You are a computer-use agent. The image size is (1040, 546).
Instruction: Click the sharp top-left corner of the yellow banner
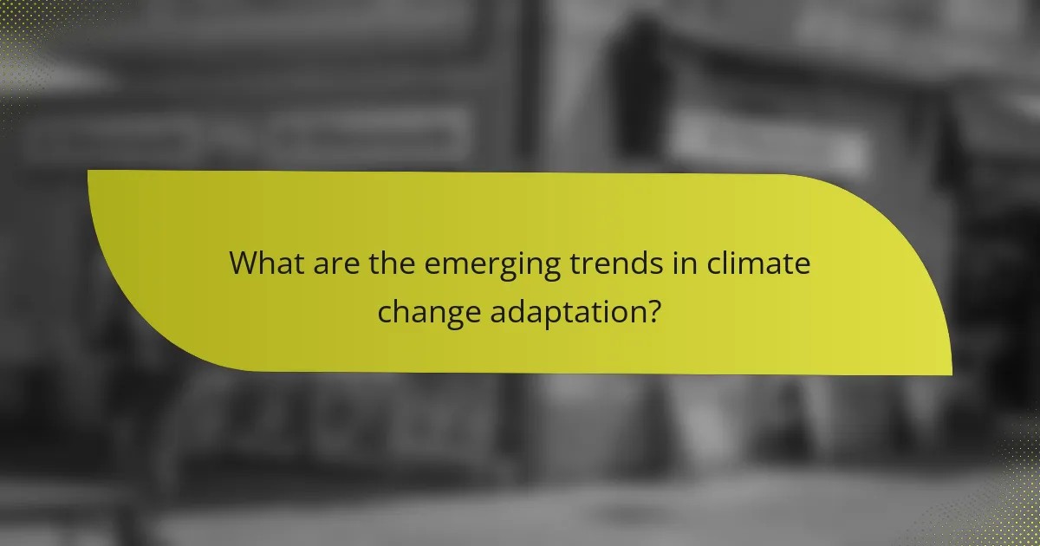pos(89,172)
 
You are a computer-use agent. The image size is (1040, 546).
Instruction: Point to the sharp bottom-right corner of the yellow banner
pos(950,374)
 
